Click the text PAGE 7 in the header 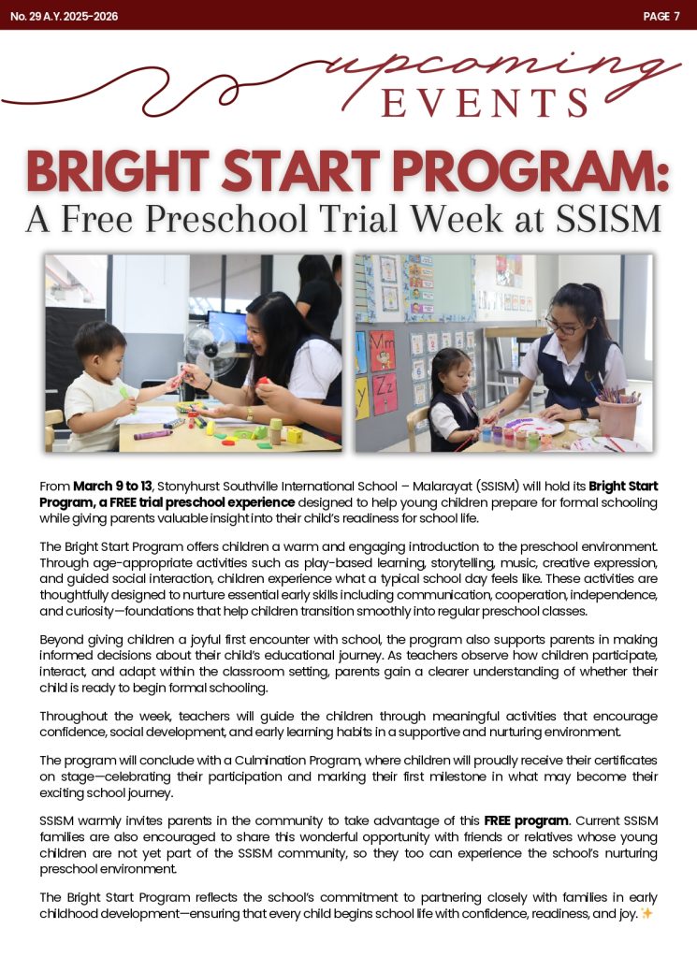(x=661, y=16)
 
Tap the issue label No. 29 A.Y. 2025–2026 (x=65, y=16)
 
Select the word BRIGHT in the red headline (x=127, y=172)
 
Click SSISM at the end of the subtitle (x=609, y=219)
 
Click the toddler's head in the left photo (x=100, y=344)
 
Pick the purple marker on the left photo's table (x=152, y=434)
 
